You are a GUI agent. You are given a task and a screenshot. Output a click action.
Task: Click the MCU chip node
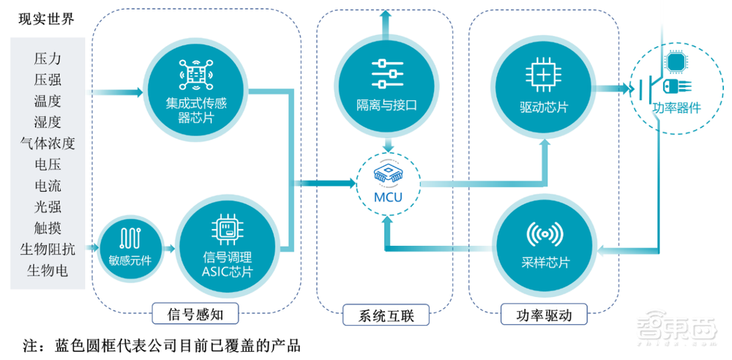[x=387, y=185]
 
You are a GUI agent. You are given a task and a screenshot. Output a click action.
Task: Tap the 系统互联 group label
[x=387, y=316]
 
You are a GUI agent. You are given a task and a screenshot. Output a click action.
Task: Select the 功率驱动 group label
[x=542, y=315]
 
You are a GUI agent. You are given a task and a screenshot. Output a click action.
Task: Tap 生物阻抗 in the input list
[x=48, y=249]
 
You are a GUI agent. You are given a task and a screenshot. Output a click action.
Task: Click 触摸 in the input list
[x=48, y=228]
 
